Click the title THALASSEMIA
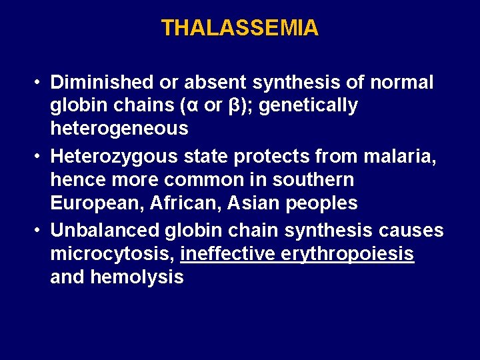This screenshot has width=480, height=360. [240, 28]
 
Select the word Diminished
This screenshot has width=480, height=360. [102, 83]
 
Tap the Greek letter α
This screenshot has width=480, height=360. [201, 105]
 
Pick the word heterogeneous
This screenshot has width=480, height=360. [119, 128]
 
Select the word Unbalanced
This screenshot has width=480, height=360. [105, 231]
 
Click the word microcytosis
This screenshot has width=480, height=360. [111, 254]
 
